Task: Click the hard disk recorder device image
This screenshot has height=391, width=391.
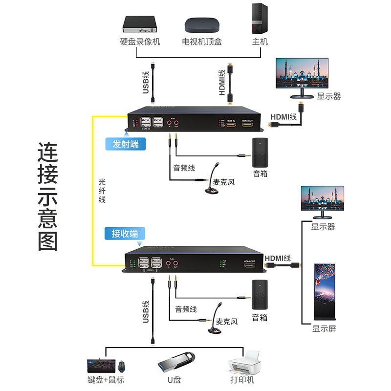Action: pyautogui.click(x=140, y=23)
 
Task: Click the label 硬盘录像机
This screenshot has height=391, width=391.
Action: pyautogui.click(x=140, y=42)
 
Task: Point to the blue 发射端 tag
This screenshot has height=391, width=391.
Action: pyautogui.click(x=126, y=144)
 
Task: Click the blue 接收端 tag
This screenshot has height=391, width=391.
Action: pyautogui.click(x=125, y=234)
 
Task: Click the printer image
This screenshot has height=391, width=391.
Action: pyautogui.click(x=242, y=362)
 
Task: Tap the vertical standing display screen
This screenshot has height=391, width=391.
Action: pyautogui.click(x=325, y=292)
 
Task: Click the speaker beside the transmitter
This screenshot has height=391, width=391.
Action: pyautogui.click(x=260, y=152)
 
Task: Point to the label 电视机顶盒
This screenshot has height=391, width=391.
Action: pyautogui.click(x=201, y=42)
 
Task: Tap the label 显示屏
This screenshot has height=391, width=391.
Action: pyautogui.click(x=325, y=328)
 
